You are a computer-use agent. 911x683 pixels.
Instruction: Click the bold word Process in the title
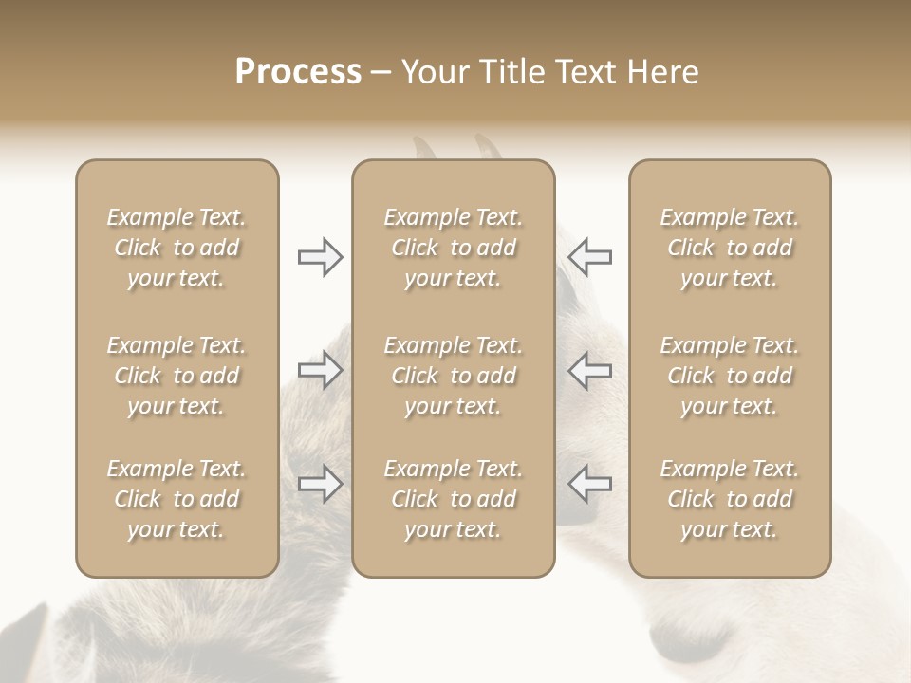click(x=298, y=72)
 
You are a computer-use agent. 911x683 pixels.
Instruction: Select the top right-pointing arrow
click(x=320, y=257)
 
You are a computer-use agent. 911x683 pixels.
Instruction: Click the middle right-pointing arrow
click(x=320, y=370)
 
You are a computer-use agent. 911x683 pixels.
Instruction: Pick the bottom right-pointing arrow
click(x=320, y=484)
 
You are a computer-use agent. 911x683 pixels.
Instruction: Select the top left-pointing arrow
click(x=589, y=257)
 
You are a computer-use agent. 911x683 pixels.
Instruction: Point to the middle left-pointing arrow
click(x=589, y=370)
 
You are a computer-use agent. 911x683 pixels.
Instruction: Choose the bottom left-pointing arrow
click(x=589, y=484)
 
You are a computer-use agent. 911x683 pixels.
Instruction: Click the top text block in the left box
click(x=177, y=248)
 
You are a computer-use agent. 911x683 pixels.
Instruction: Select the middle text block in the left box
click(x=177, y=376)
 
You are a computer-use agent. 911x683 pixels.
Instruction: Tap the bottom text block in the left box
click(x=177, y=499)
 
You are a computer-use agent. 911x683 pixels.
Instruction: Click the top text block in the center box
click(x=453, y=248)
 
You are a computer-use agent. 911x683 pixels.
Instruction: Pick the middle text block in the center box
click(x=453, y=376)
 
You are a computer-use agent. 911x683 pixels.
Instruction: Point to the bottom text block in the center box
click(x=453, y=499)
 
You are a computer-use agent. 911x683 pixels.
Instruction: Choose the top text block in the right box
click(x=730, y=248)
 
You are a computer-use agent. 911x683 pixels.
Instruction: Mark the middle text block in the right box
click(x=730, y=376)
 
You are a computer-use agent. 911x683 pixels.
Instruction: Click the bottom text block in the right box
click(x=730, y=499)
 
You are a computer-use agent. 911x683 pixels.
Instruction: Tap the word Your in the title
click(x=435, y=72)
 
